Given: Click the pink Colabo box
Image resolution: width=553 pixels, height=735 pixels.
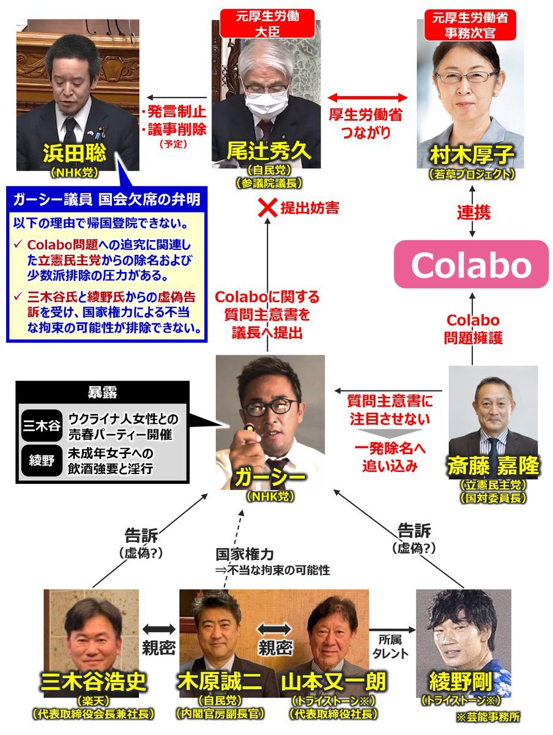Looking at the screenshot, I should (471, 264).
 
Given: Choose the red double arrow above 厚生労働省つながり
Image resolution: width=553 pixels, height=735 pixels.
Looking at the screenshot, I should (368, 97).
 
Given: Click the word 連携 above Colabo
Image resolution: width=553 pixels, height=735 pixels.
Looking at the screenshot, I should (473, 213).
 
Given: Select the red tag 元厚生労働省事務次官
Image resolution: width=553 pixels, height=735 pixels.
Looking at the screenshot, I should (470, 25).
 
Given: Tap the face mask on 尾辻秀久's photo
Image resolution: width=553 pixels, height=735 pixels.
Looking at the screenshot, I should (264, 98).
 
